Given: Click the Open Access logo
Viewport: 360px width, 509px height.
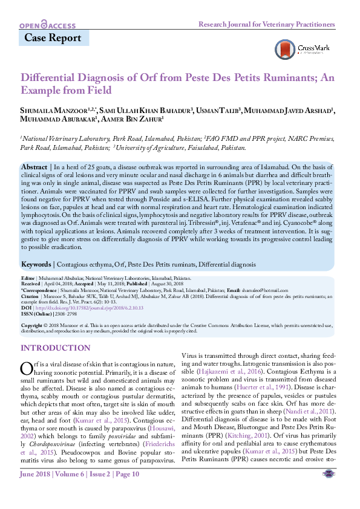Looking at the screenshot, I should [x=48, y=25].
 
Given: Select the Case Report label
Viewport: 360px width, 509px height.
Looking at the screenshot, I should [x=53, y=38].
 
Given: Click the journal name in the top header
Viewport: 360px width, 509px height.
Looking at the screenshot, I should [x=267, y=24].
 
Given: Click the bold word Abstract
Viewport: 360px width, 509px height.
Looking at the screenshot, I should [x=34, y=166].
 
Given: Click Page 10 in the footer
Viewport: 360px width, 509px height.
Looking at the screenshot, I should [x=125, y=491].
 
